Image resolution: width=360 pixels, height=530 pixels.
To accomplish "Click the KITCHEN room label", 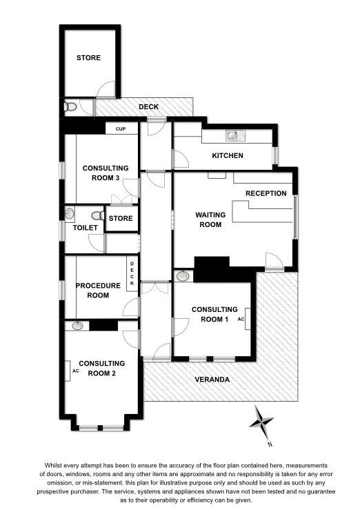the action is tap(228, 155).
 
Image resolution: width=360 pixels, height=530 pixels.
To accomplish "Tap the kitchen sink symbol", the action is tap(235, 135).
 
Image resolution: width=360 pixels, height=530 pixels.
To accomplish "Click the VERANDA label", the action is tap(212, 380).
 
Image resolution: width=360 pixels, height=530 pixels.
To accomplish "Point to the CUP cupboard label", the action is tap(121, 129).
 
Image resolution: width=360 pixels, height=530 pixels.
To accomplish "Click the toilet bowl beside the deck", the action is tap(70, 107).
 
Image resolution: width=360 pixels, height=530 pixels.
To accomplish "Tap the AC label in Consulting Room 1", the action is tap(241, 319).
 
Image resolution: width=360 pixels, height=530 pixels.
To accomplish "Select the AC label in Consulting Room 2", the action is tap(76, 371).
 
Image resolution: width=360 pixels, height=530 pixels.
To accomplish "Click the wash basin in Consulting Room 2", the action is tap(77, 326).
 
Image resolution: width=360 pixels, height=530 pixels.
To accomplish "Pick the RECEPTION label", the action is tap(266, 193).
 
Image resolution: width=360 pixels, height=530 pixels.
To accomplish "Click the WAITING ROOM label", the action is tap(210, 219).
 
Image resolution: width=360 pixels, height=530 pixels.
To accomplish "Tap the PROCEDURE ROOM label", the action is tap(98, 291).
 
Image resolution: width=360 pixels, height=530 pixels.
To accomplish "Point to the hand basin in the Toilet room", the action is tap(69, 214).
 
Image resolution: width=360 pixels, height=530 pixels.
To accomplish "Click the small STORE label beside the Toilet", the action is tap(121, 218).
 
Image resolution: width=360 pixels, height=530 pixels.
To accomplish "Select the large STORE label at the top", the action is tap(88, 58).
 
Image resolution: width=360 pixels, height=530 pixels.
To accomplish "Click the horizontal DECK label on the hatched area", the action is tap(148, 107).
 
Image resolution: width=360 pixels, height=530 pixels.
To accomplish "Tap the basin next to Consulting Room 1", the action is tap(183, 276).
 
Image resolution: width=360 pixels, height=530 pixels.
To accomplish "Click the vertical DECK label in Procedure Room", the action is tap(132, 273).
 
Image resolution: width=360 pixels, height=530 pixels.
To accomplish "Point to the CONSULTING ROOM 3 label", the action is tap(106, 173).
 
